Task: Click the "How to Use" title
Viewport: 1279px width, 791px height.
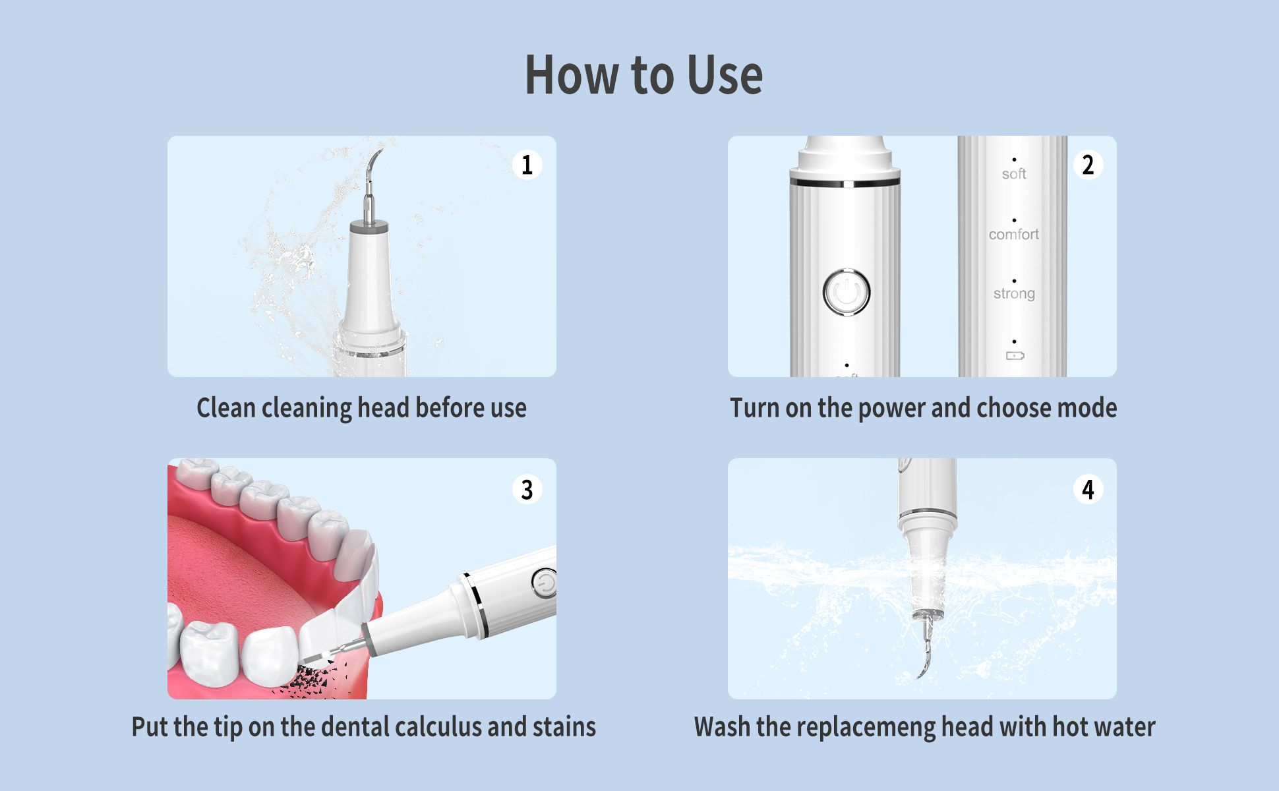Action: tap(643, 74)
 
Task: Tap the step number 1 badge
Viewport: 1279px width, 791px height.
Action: tap(527, 165)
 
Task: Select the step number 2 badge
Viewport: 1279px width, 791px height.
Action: tap(1088, 165)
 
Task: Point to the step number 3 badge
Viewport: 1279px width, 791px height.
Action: tap(527, 489)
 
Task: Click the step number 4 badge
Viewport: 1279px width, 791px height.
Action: tap(1088, 489)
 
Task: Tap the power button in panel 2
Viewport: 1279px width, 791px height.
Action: tap(847, 292)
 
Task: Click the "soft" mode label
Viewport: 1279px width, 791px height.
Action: tap(1014, 174)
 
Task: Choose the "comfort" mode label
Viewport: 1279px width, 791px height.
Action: tap(1014, 234)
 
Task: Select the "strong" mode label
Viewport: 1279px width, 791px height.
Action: tap(1014, 293)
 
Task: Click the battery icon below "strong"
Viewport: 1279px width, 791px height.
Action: tap(1015, 356)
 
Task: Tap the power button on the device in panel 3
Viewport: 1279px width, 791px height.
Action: tap(545, 583)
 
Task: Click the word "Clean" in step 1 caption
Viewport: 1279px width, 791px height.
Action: tap(226, 407)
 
